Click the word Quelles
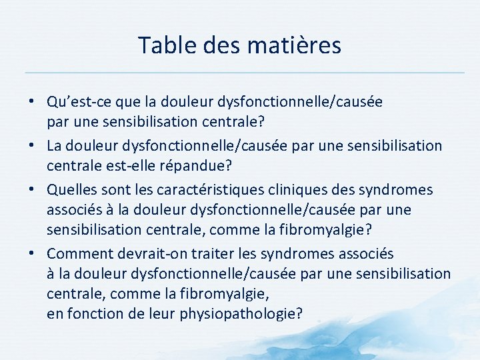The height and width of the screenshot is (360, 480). coord(71,190)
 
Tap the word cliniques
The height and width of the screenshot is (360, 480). coord(273,190)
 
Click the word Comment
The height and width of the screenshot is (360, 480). coord(77,254)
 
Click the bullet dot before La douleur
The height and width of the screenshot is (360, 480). coord(32,145)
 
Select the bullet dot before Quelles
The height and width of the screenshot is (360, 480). coord(32,191)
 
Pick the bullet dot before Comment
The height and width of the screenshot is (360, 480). coord(32,255)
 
